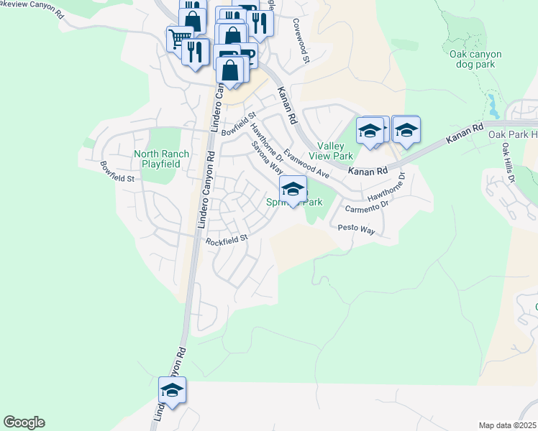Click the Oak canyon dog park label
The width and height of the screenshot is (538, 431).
[475, 59]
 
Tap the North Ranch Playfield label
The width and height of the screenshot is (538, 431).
[162, 159]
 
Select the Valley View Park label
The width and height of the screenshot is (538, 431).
[330, 150]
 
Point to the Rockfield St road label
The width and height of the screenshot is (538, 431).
[227, 239]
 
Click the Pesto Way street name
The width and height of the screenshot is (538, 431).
[357, 229]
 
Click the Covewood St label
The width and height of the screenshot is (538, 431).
[301, 42]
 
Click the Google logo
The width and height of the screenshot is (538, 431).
[24, 422]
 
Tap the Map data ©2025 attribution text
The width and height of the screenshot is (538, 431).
[507, 425]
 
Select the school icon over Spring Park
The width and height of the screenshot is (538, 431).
[293, 190]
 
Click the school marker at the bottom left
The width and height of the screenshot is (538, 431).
[172, 391]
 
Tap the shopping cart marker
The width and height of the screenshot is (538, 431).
[179, 38]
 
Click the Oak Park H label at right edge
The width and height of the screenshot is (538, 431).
[513, 134]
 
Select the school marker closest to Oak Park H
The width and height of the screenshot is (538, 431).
[406, 130]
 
